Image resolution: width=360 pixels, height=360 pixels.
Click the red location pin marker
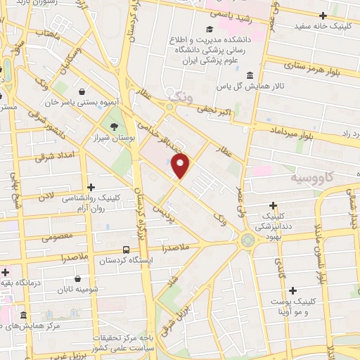pos(181,165)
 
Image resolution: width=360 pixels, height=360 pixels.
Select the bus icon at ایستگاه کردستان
pos(126,250)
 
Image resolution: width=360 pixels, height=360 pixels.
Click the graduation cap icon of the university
pos(209,29)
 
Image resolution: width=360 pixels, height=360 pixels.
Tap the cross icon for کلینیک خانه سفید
pos(323,15)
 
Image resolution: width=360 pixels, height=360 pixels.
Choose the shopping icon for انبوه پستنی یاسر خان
pos(82,91)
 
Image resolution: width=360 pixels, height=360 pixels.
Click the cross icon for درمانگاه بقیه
pos(6,271)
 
